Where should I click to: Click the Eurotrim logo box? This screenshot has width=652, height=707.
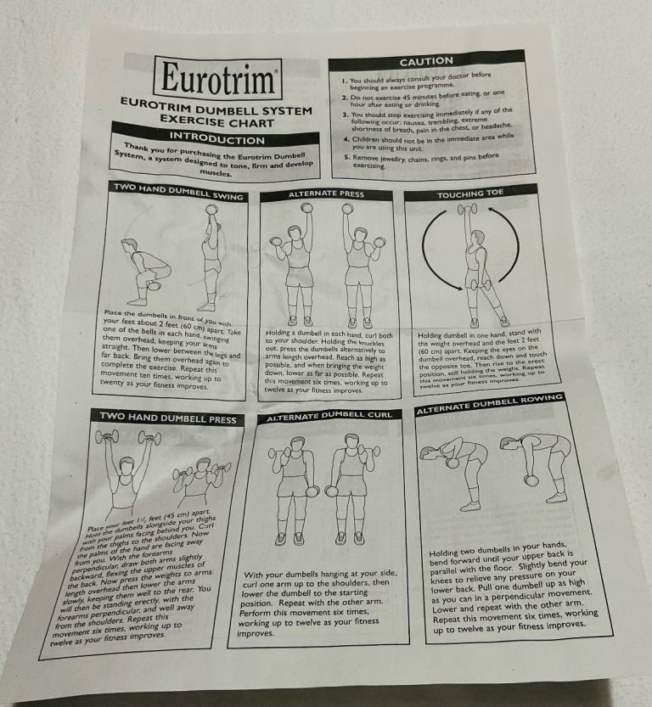coord(217,78)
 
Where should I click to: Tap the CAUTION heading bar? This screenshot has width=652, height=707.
coord(426,62)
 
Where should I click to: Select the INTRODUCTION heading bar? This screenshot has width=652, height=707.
coord(216,138)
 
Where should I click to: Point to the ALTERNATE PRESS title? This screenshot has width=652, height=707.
coord(326,194)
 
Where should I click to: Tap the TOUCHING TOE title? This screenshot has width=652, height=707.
coord(469,194)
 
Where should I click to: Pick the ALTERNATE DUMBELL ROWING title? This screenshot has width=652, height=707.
coord(489,404)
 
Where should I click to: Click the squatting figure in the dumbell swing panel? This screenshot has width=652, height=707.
coord(143,269)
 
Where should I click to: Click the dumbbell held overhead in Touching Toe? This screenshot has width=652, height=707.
coord(467,209)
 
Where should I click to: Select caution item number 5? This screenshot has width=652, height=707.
coord(420,160)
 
